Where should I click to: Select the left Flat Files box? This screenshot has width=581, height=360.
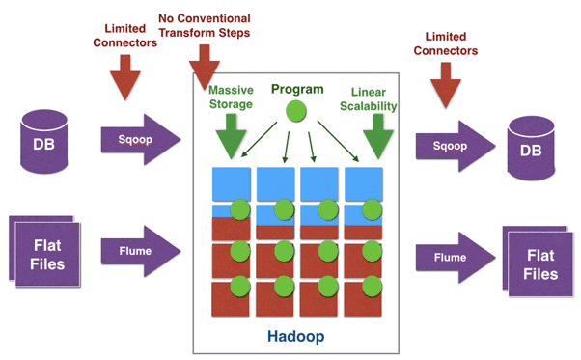tap(48, 254)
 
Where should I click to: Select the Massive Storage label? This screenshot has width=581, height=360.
tap(231, 97)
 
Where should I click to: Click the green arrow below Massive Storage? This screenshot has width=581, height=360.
tap(230, 134)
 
